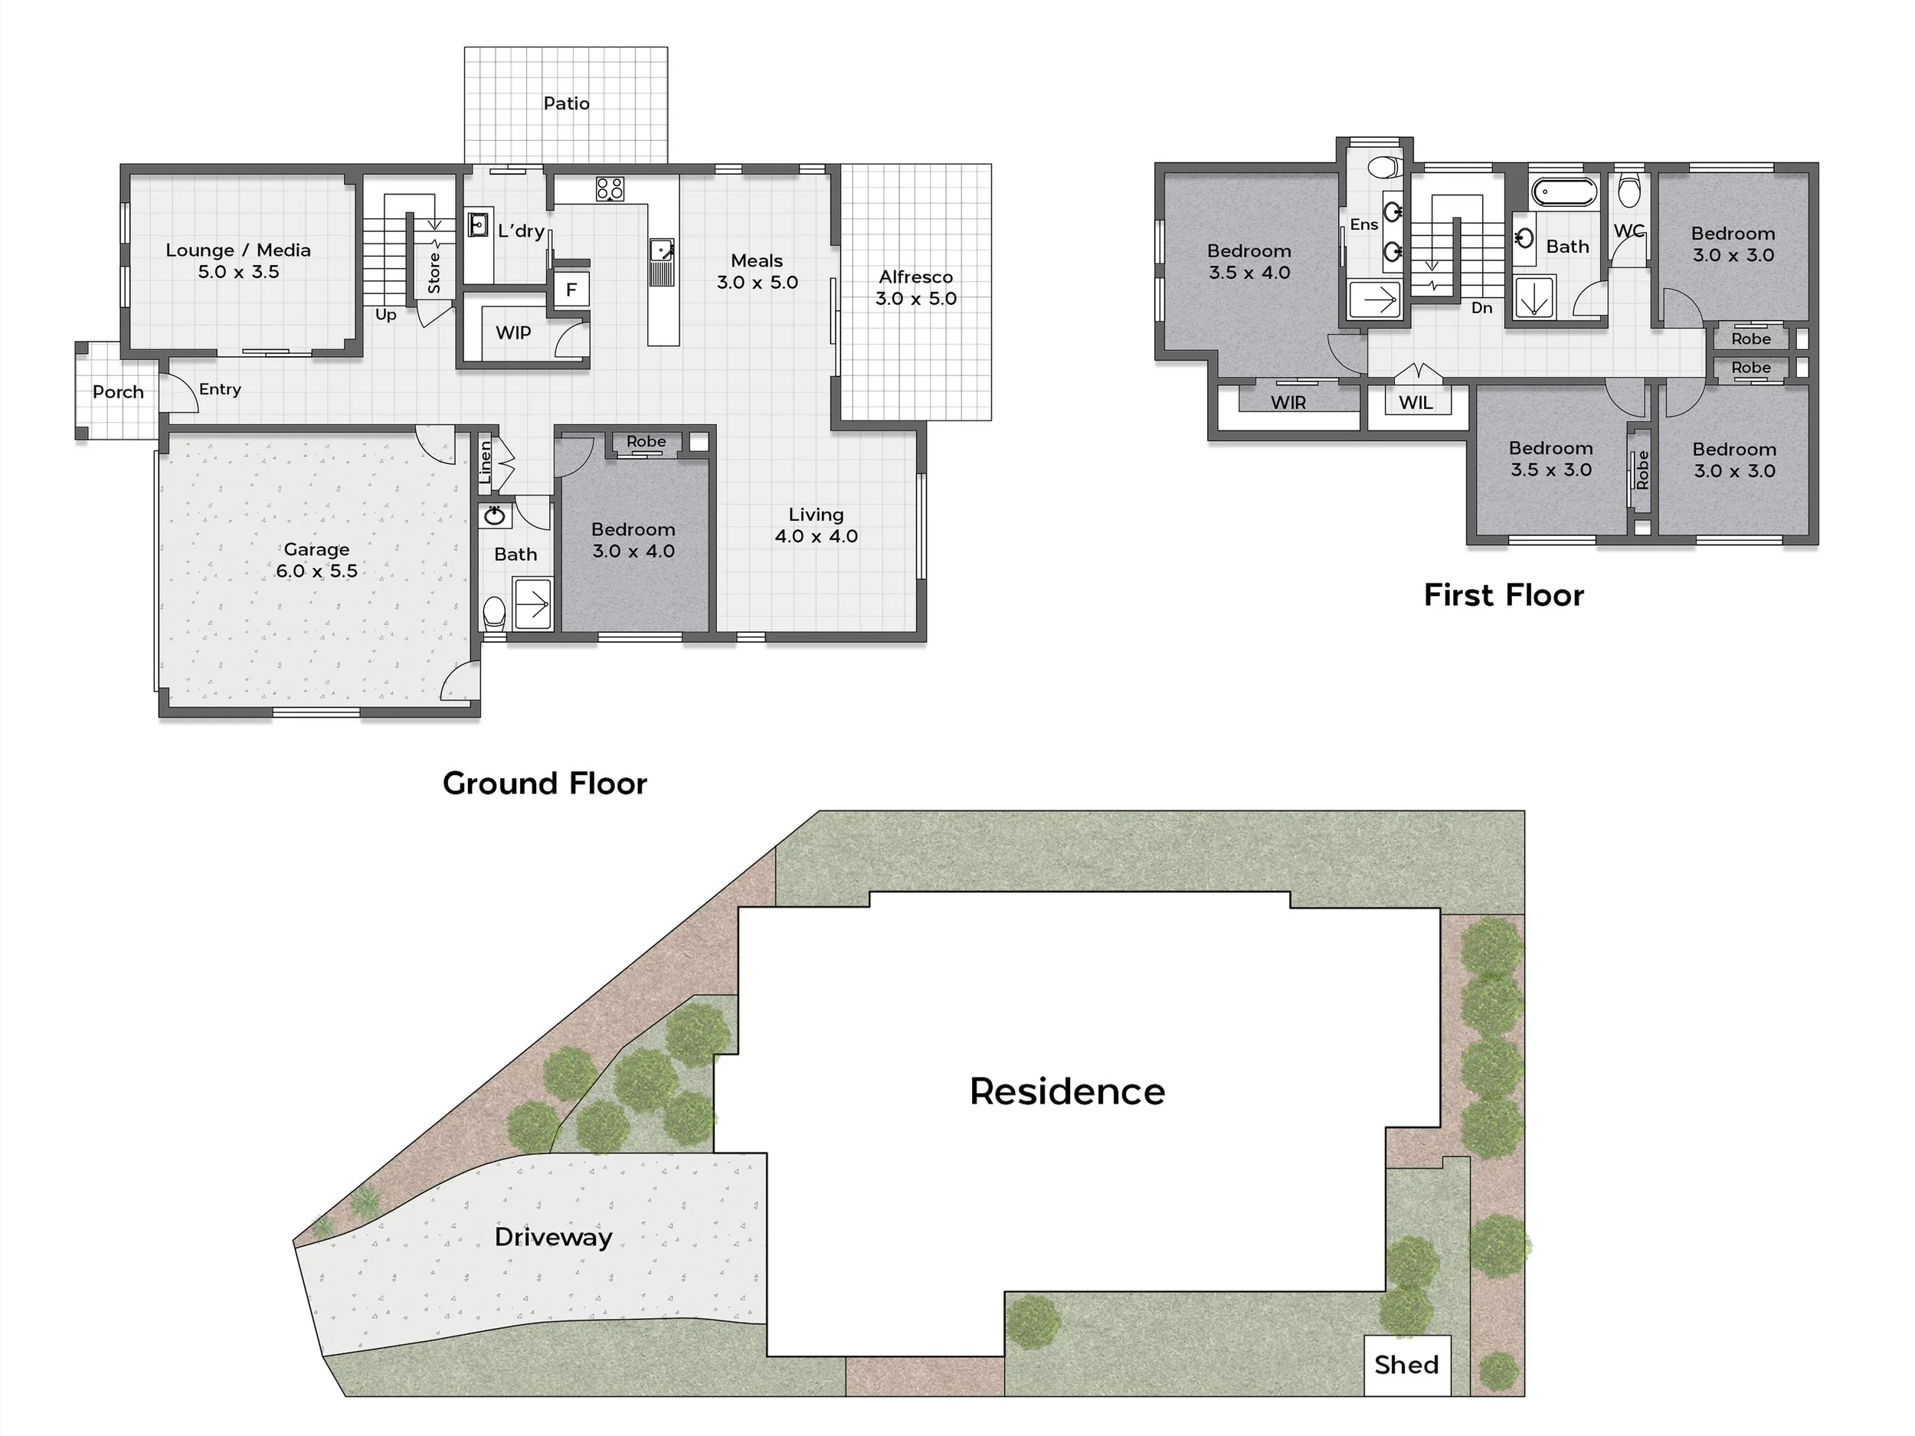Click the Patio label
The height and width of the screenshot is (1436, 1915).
566,103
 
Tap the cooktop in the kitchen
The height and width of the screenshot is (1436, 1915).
610,188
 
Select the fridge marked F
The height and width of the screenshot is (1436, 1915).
571,289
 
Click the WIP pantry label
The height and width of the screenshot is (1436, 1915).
513,332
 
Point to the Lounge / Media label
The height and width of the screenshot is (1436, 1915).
238,260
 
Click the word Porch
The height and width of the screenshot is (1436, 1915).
119,392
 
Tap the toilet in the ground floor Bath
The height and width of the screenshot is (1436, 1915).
493,613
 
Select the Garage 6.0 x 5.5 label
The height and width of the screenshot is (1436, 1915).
317,560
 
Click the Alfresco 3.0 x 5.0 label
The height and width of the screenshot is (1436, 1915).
916,287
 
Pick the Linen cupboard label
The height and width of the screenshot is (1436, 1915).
486,463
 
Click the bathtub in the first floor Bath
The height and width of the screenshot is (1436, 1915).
1565,192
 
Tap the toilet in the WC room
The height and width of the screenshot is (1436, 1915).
1629,192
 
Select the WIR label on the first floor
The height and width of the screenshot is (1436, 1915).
1288,403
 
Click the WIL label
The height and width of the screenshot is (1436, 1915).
1416,403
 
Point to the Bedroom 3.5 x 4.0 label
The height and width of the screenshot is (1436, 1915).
1249,261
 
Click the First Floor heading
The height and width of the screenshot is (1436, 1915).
1504,596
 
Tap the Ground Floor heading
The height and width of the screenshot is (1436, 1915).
545,783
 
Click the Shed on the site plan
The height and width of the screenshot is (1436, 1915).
1407,1365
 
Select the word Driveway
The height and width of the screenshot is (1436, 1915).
553,1237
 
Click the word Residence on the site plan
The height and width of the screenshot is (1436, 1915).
1068,1091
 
